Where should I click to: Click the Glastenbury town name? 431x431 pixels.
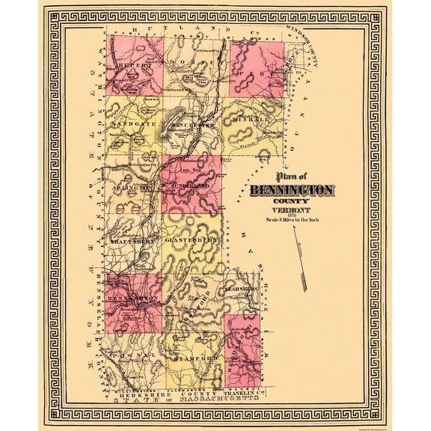(192, 240)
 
